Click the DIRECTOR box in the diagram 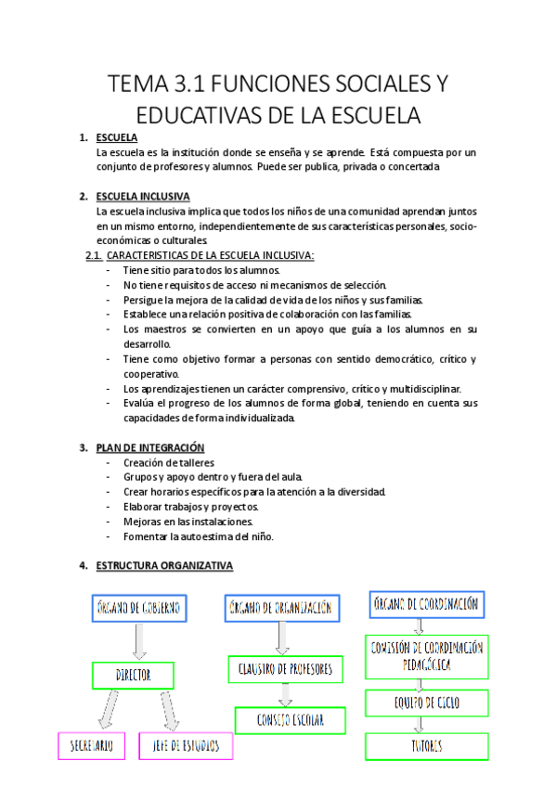click(x=135, y=676)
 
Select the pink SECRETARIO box click(x=91, y=746)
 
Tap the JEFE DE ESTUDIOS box click(x=186, y=746)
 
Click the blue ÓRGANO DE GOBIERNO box click(x=139, y=609)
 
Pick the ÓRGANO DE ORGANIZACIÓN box click(x=278, y=609)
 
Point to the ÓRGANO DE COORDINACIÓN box click(x=427, y=604)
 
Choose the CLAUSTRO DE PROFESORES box click(x=285, y=669)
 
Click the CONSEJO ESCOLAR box click(x=290, y=720)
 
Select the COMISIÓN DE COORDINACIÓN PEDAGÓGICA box click(x=427, y=656)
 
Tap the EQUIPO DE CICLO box click(x=427, y=703)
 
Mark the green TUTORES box click(x=427, y=746)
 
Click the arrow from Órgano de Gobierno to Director click(x=139, y=641)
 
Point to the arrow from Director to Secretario click(x=109, y=711)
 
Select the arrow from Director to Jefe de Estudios click(x=169, y=711)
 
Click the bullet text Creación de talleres click(x=168, y=462)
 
